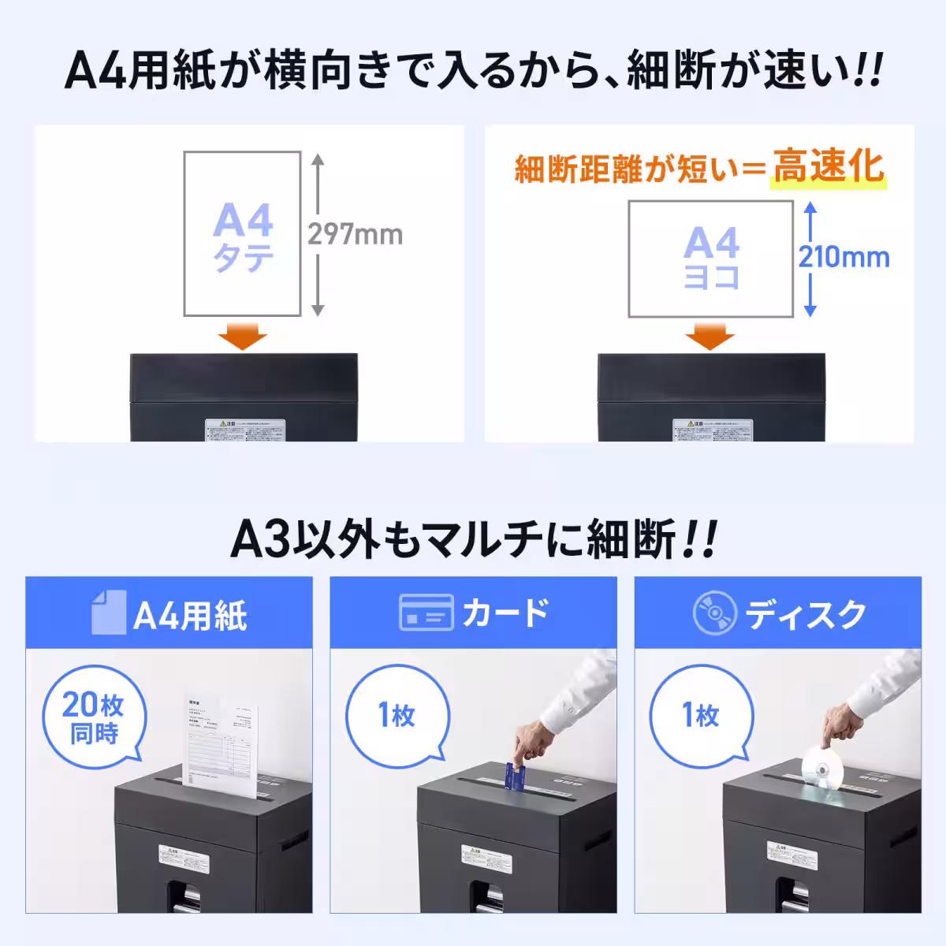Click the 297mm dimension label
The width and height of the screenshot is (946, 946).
point(355,234)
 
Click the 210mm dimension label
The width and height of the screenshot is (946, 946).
point(844,257)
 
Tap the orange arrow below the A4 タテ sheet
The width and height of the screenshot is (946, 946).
point(242,337)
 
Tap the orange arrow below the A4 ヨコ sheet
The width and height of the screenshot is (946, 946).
point(709,337)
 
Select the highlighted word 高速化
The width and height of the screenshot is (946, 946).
point(828,167)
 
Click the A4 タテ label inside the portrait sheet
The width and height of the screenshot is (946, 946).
point(243,236)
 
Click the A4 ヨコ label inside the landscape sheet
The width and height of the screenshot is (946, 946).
point(711,257)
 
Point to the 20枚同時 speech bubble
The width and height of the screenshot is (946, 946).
point(93,717)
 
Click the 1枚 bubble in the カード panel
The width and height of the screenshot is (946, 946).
point(397,716)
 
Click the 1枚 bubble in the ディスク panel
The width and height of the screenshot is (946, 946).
point(701,716)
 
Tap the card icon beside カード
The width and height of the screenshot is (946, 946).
point(426,613)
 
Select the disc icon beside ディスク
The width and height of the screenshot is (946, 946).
point(714,613)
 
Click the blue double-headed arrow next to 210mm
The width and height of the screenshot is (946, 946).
point(810,259)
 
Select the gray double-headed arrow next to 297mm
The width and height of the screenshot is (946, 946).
point(318,235)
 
